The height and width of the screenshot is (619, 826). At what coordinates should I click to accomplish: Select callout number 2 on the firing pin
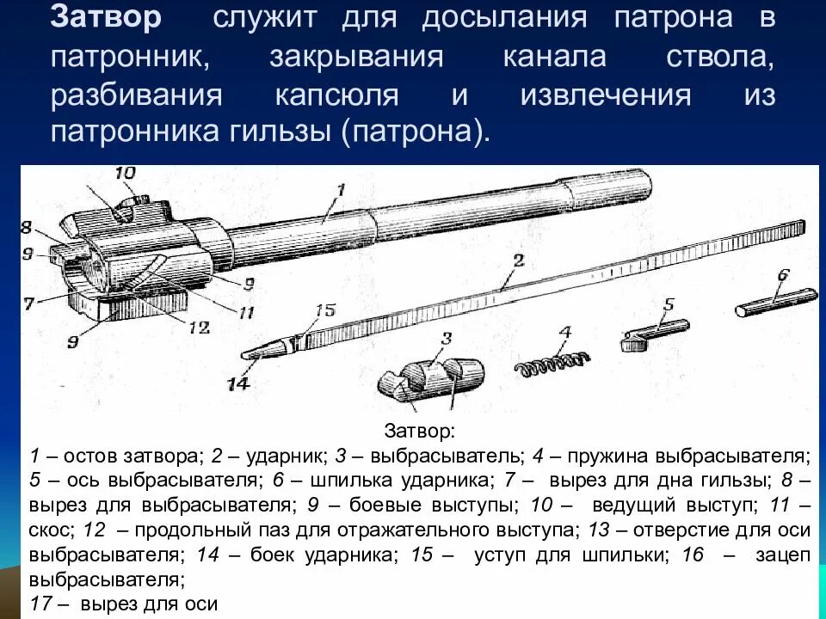(517, 259)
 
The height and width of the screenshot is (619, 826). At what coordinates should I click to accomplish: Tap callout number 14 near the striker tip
(238, 383)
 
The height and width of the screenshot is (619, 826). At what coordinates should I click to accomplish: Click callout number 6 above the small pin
(783, 276)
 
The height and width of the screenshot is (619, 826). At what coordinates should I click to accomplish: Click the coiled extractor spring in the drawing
(555, 364)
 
